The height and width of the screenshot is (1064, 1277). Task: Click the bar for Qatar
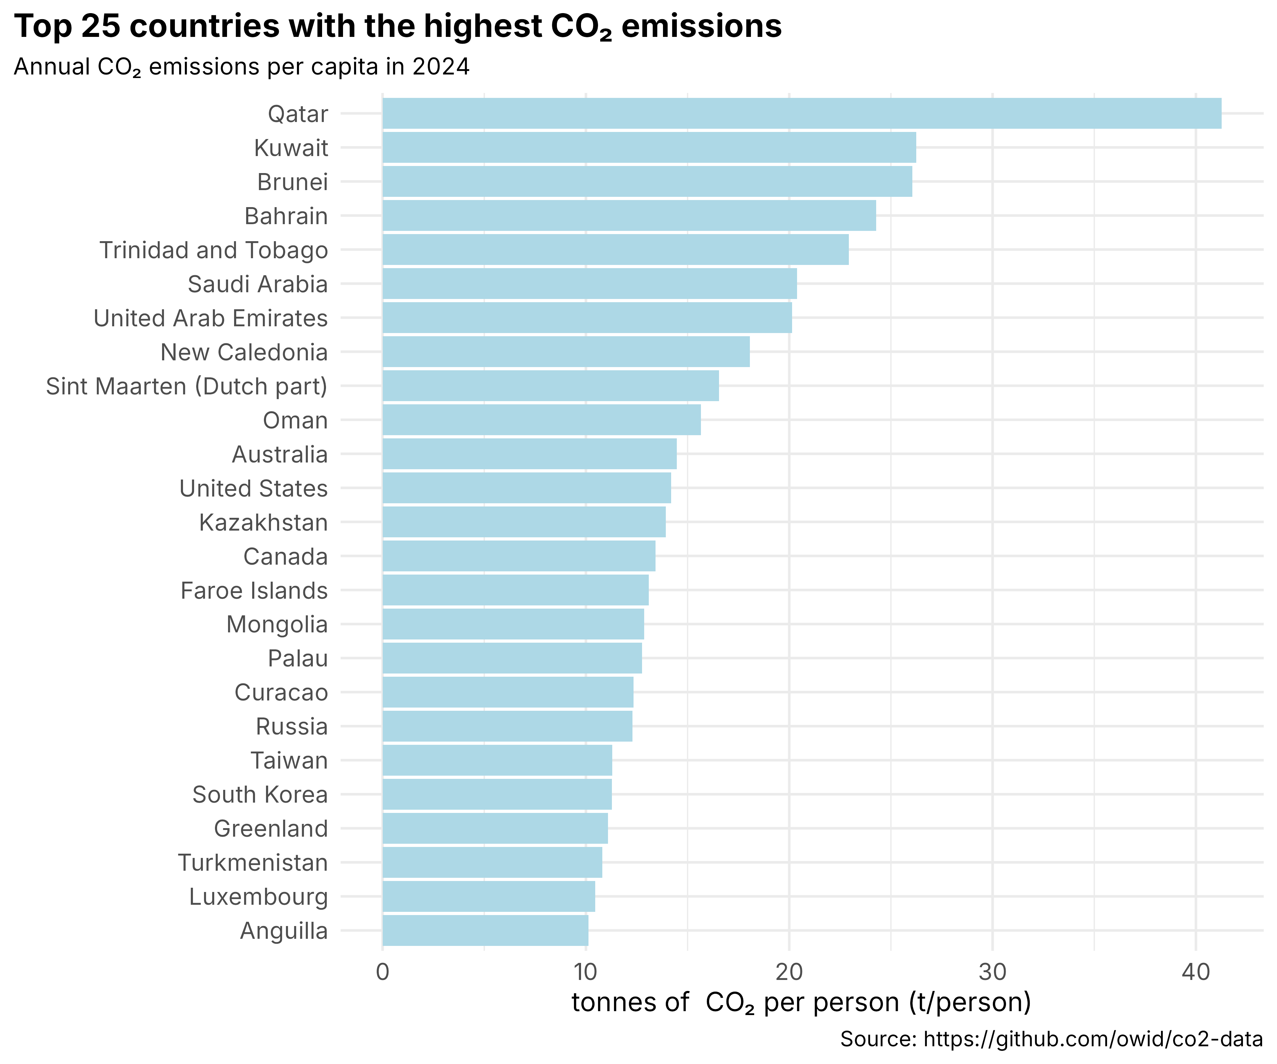coord(801,114)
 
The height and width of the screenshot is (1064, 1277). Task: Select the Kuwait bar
coord(649,148)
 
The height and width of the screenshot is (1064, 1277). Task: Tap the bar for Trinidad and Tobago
coord(615,250)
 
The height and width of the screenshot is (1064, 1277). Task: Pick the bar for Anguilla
coord(485,931)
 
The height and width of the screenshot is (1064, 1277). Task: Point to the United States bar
coord(527,488)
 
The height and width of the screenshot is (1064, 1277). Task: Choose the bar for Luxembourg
coord(488,897)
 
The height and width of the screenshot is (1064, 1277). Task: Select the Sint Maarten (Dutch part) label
coord(187,386)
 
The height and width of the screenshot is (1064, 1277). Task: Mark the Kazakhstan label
coord(263,522)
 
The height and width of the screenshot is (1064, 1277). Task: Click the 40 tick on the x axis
coord(1195,972)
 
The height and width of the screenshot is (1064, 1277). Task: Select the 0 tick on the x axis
coord(382,972)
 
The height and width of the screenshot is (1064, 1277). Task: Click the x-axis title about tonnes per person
coord(801,1003)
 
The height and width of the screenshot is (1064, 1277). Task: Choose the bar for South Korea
coord(497,795)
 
